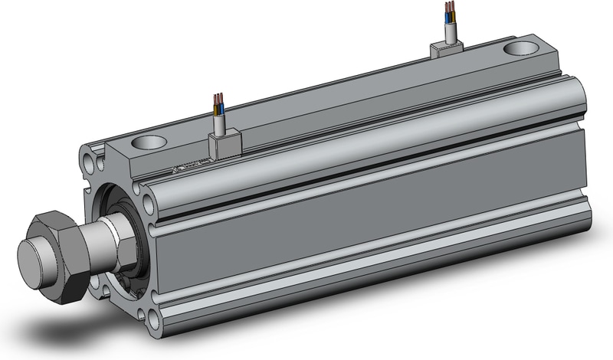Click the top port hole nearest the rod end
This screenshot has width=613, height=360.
tap(149, 142)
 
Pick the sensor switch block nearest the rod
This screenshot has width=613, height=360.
tap(224, 144)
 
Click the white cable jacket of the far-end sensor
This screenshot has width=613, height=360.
tap(450, 32)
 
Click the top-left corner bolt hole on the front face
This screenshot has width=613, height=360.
tap(93, 163)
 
